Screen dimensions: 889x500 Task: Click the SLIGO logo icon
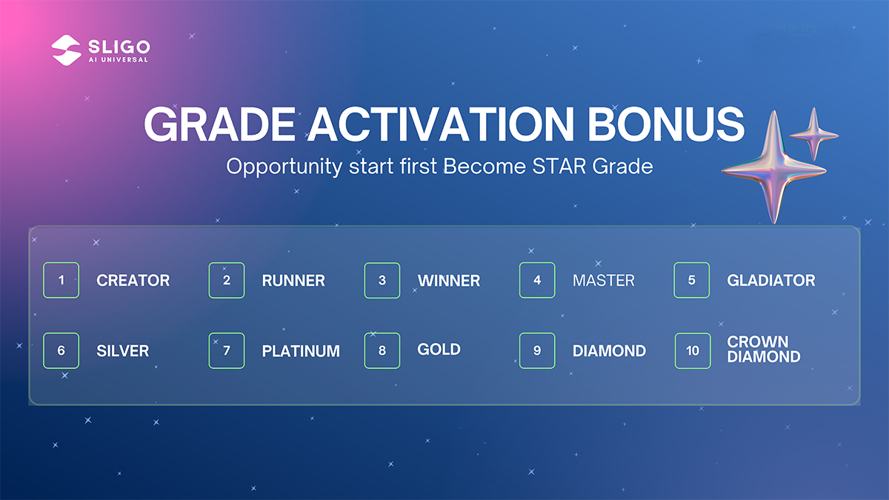66,50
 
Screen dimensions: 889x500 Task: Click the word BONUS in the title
665,124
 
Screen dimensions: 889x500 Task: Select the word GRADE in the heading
220,124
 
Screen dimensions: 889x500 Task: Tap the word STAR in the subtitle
559,166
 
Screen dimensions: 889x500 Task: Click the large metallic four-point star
774,170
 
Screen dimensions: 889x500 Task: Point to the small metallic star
814,136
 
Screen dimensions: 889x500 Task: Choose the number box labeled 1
61,280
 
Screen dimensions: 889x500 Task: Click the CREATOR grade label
133,281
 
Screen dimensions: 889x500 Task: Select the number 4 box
537,280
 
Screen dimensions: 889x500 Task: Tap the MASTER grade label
604,281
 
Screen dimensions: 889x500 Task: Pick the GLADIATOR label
771,281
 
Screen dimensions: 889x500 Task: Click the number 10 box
693,351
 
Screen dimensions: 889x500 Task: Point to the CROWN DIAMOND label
764,349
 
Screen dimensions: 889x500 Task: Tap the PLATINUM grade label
301,351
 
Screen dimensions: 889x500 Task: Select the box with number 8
382,351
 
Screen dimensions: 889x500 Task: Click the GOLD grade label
439,350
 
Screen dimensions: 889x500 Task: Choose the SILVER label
123,351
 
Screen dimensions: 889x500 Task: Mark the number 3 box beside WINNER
382,280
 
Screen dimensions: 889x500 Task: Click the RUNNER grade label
293,281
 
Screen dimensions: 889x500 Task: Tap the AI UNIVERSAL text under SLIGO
119,60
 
